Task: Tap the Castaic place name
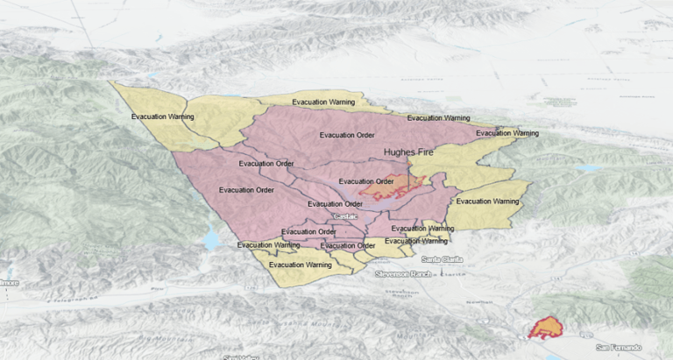click(x=344, y=215)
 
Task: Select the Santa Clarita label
click(x=443, y=259)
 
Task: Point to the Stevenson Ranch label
click(x=404, y=274)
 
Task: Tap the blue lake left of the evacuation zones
click(x=211, y=238)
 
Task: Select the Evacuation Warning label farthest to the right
click(x=507, y=133)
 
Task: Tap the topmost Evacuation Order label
click(x=349, y=135)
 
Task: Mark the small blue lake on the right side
click(x=589, y=168)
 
